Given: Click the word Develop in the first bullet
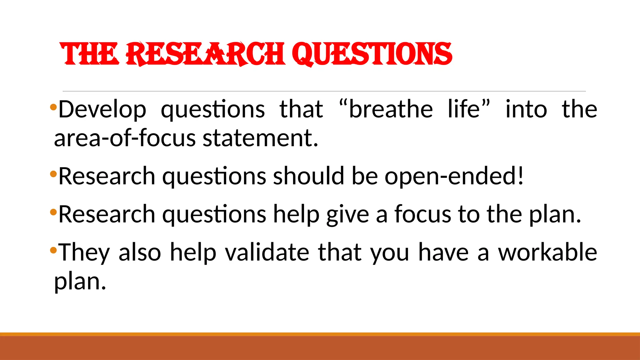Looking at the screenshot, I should tap(102, 110).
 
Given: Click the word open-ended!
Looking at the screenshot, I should tap(454, 176).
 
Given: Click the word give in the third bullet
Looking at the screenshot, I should tap(347, 215).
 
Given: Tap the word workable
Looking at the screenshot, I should tap(547, 252).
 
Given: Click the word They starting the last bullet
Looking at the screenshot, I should tap(84, 253).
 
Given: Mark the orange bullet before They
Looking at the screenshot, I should tap(53, 250).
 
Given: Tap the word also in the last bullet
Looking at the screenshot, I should tap(140, 252).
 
